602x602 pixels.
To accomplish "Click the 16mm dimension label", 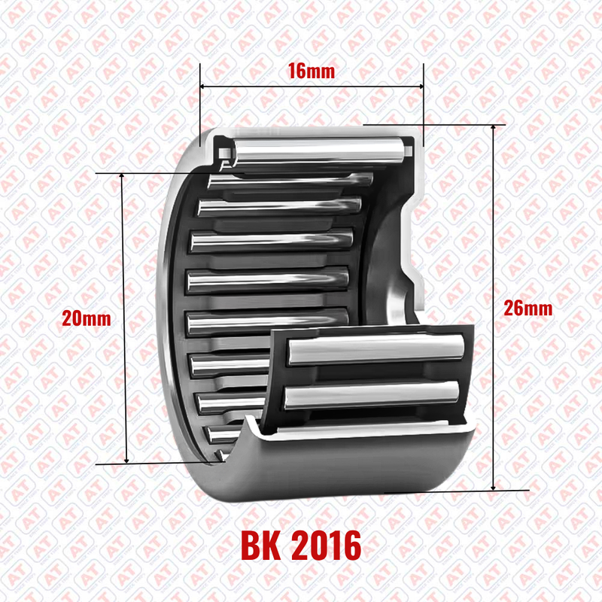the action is tap(312, 71).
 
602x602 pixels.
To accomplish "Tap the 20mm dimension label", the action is tap(87, 318).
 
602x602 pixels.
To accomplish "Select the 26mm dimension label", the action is tap(528, 309).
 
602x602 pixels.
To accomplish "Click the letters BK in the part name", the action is tap(260, 546).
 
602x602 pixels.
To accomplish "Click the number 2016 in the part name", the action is tap(327, 546).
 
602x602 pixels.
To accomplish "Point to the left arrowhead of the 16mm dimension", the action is tap(202, 87).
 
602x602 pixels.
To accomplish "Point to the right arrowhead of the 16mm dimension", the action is tap(421, 87).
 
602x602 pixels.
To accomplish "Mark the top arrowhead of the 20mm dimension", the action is tap(122, 176).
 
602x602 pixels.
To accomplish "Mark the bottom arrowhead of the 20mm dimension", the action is tap(126, 461).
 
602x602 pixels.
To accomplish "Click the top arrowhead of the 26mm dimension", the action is tap(494, 128).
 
